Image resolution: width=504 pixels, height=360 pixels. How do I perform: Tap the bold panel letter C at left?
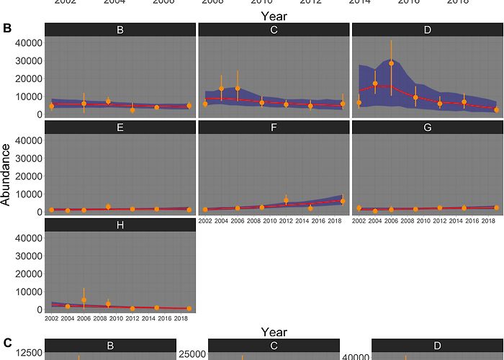7,343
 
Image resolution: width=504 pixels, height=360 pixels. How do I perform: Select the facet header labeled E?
120,127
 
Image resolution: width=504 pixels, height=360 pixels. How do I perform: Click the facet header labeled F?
274,127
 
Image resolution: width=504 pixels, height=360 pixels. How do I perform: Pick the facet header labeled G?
427,127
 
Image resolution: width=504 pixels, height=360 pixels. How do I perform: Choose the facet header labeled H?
120,225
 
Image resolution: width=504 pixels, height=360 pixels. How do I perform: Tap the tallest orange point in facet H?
84,300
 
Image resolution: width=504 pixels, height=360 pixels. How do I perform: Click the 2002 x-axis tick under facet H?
51,318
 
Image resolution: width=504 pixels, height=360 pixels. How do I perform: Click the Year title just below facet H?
274,332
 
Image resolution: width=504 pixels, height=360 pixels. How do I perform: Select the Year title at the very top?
274,14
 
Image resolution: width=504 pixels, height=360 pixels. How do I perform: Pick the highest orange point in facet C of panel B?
237,89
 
